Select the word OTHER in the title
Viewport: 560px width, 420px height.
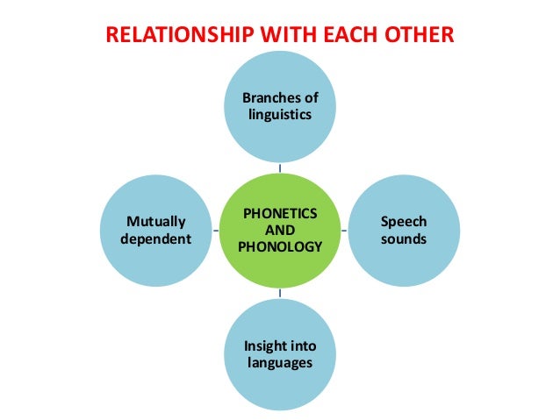[420, 38]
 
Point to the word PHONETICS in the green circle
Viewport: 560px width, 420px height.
[280, 214]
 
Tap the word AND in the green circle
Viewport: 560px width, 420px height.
[280, 230]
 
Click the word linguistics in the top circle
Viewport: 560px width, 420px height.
[280, 115]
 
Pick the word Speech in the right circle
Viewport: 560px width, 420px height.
[404, 222]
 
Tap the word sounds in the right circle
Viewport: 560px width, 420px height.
[404, 238]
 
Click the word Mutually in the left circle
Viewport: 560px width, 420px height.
[156, 222]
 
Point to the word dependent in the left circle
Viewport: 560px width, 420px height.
[156, 238]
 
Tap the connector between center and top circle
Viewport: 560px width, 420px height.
[280, 166]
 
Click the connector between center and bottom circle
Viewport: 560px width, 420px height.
[280, 294]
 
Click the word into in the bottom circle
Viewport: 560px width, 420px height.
[303, 345]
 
